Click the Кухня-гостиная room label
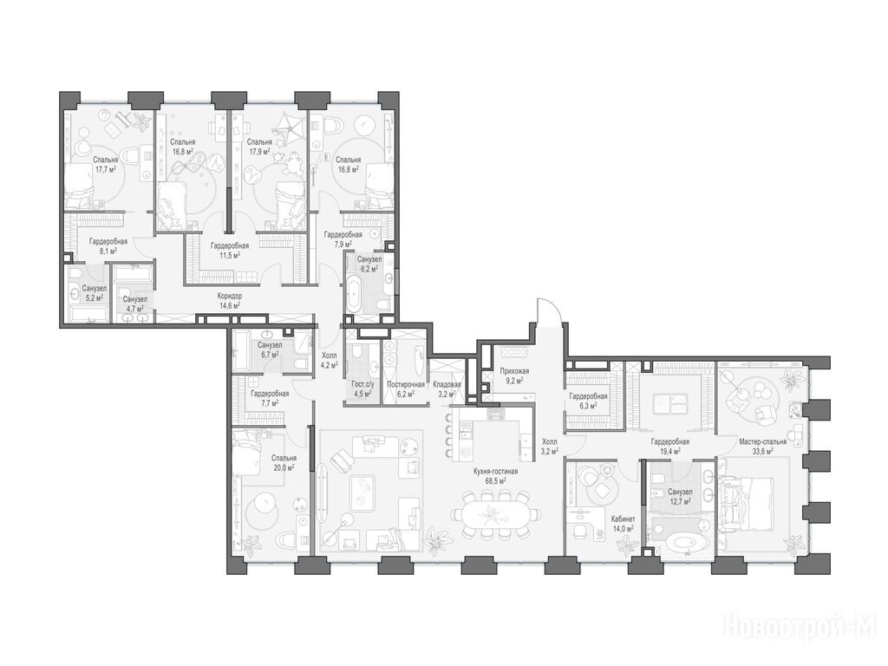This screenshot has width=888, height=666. tap(495, 471)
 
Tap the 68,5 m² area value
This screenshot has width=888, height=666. tap(495, 480)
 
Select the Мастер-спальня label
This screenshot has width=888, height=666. tap(762, 441)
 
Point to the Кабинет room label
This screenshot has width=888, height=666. tap(623, 519)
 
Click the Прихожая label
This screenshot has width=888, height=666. tap(514, 371)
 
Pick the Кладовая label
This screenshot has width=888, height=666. tap(447, 384)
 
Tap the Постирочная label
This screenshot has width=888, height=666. tap(406, 384)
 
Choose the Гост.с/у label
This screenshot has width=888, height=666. tap(362, 384)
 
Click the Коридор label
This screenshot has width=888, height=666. tap(229, 297)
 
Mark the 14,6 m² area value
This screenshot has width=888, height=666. tap(229, 304)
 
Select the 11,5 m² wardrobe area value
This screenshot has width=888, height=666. tap(229, 255)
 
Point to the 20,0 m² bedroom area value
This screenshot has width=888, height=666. tap(284, 467)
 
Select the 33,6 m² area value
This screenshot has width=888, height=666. tap(762, 451)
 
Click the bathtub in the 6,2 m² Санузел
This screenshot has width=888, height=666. tap(355, 292)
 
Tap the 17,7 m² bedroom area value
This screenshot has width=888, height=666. tap(105, 169)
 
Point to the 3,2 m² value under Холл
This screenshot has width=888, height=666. tap(549, 451)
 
